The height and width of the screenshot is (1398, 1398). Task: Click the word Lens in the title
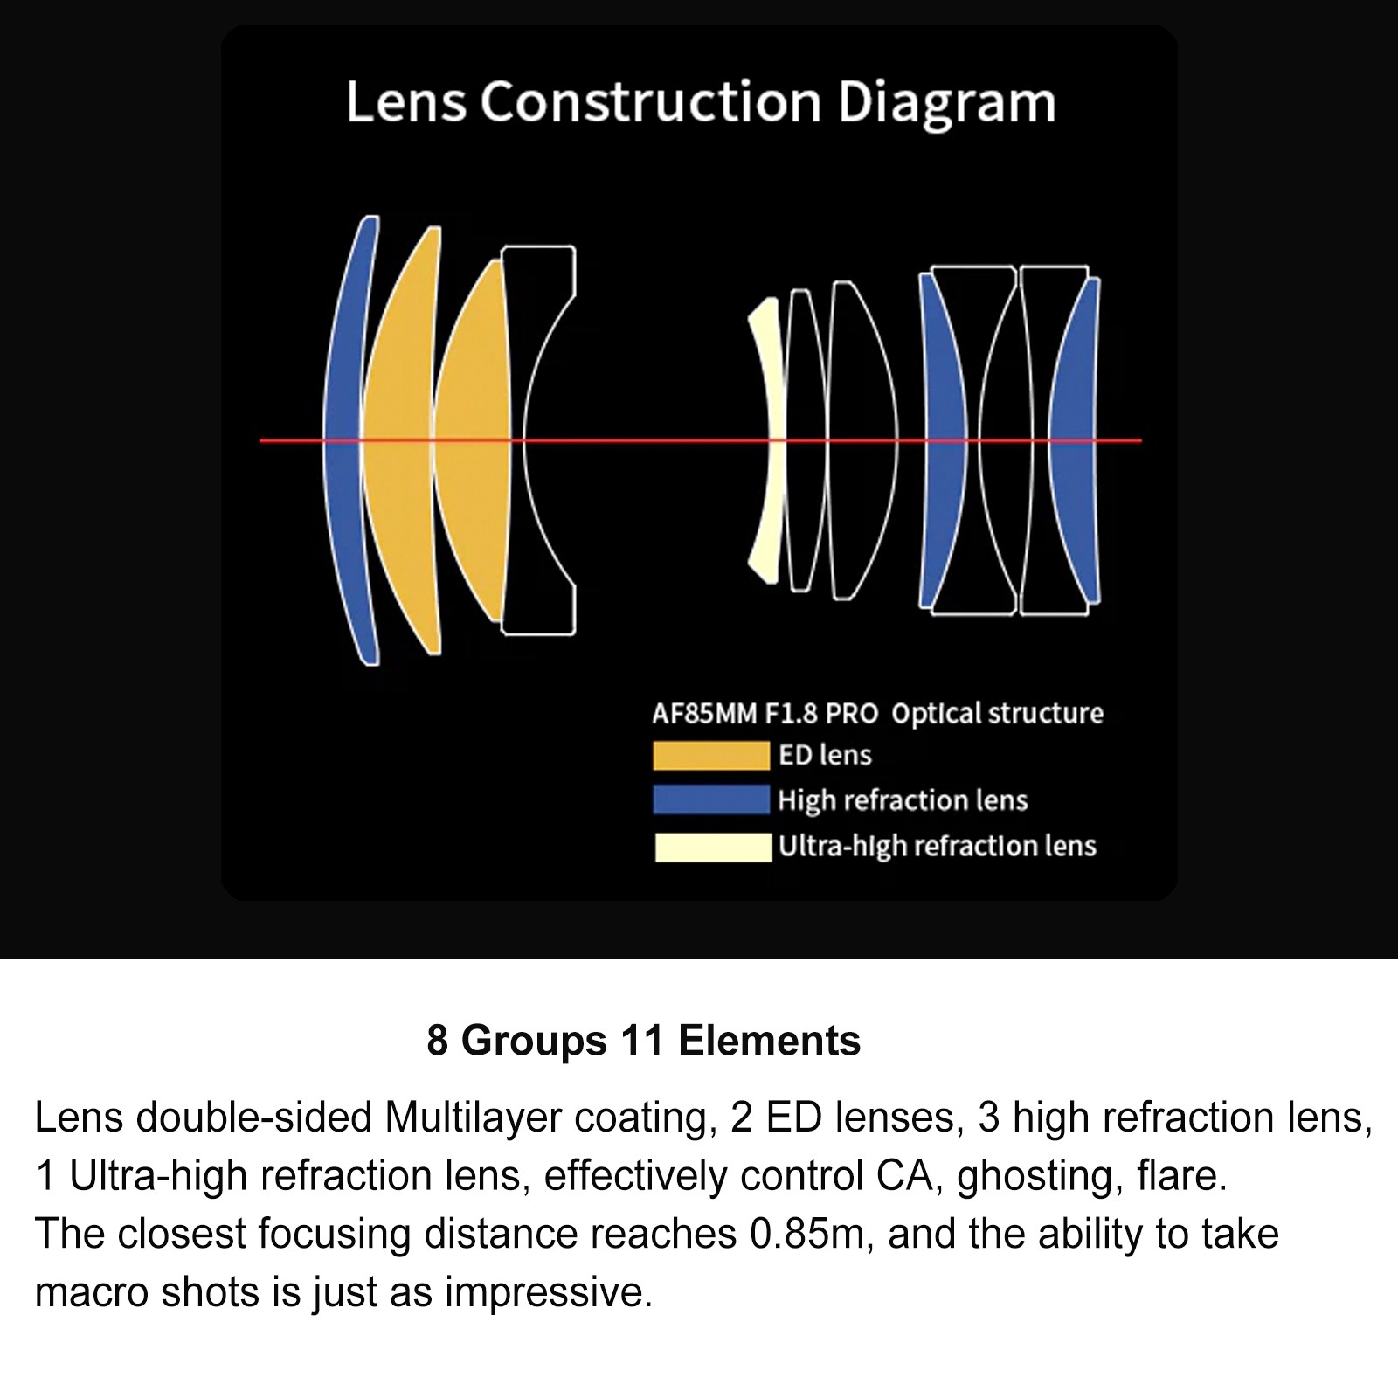406,102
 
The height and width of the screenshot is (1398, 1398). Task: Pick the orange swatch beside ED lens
710,756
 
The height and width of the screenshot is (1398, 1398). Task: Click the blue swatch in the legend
710,800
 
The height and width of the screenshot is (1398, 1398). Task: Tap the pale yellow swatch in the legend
712,848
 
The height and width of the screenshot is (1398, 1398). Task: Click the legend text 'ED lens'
825,755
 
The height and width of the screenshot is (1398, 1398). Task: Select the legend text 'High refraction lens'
903,801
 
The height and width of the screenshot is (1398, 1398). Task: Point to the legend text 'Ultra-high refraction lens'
937,847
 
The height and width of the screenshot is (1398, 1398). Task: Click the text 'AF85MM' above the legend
704,714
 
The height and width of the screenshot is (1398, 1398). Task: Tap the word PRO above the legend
852,714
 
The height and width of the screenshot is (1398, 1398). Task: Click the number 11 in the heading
643,1042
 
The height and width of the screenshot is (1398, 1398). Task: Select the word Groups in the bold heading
534,1042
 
